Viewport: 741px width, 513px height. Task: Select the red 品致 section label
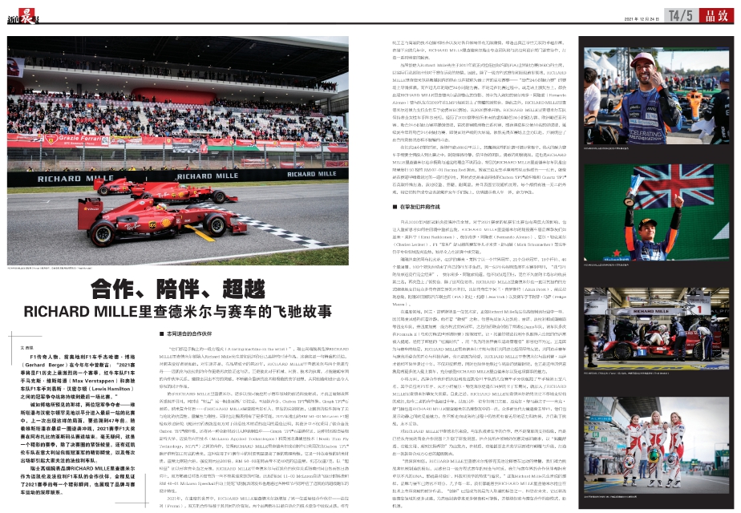[x=716, y=14]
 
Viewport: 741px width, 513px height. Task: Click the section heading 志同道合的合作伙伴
[x=192, y=332]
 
